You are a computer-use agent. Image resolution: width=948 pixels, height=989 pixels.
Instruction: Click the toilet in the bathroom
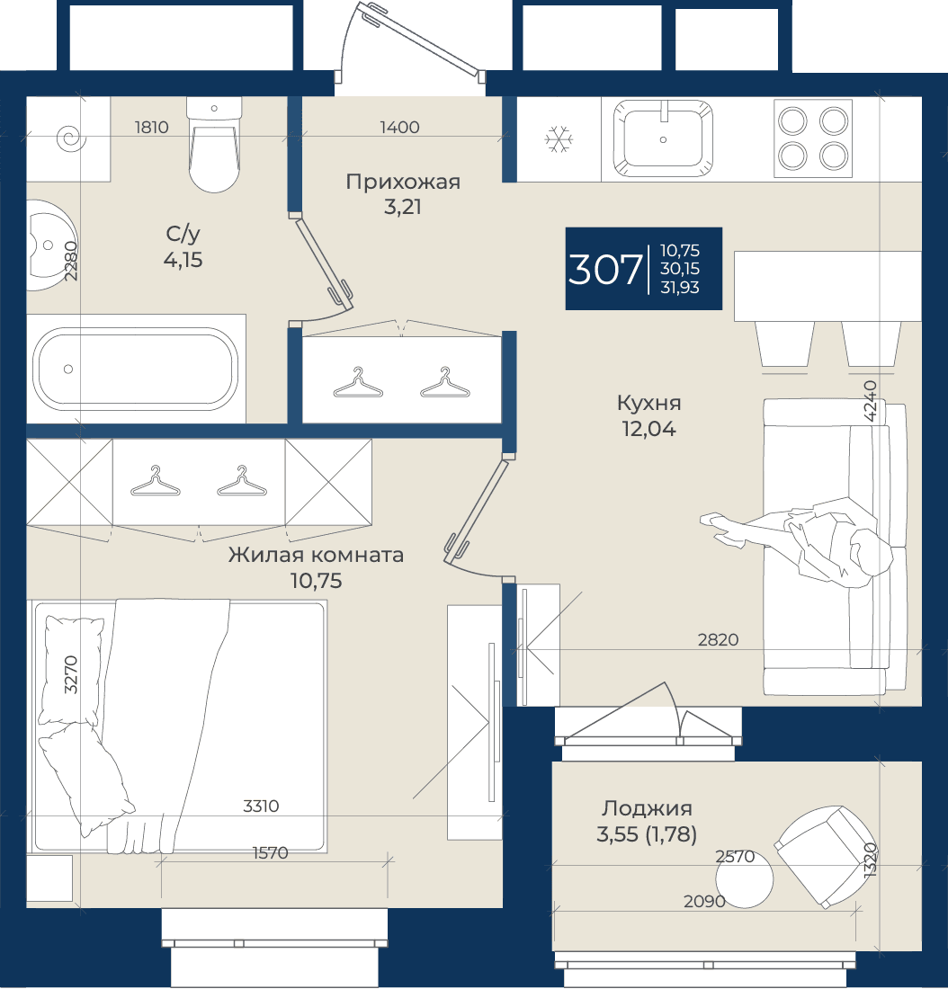214,145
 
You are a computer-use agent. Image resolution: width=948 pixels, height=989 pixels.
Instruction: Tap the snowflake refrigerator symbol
559,138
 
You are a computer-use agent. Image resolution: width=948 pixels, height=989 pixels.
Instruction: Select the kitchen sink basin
664,138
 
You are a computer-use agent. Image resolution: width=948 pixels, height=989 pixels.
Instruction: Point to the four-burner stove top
813,138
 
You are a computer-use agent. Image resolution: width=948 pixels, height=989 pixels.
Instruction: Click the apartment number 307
604,270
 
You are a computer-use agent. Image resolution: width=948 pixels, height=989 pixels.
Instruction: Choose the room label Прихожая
403,182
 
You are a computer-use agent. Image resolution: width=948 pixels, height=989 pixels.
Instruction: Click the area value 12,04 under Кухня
648,429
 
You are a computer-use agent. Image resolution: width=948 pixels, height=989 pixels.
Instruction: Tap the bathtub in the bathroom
136,369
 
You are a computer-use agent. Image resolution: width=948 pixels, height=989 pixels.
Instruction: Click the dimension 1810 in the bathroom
151,128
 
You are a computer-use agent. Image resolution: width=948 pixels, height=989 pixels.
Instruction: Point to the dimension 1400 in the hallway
399,128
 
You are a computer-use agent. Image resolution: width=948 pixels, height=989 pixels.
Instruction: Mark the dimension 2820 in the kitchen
718,639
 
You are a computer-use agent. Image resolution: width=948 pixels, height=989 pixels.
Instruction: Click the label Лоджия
647,808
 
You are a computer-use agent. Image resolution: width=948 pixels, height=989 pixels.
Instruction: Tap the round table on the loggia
745,879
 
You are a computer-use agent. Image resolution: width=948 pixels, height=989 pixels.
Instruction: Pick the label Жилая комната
316,555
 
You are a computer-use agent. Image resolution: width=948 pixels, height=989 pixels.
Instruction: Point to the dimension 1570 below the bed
270,852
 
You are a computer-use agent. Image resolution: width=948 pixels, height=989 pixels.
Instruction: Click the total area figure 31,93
680,287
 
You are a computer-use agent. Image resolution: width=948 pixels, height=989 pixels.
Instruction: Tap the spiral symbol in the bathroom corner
71,138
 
